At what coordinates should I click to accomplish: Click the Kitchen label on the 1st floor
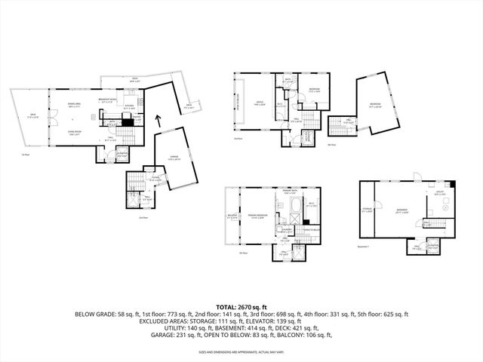click(129, 106)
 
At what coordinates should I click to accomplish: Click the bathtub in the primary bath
click(292, 207)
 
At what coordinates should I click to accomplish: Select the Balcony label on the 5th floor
click(232, 218)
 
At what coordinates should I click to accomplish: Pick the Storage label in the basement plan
click(367, 210)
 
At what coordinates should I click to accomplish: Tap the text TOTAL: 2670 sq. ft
click(241, 307)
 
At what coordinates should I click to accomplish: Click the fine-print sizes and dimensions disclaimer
click(241, 351)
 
